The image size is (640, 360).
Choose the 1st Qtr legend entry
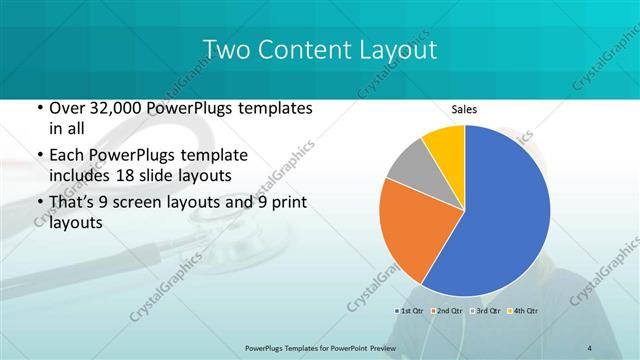click(x=411, y=313)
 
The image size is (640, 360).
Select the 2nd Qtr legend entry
click(x=449, y=313)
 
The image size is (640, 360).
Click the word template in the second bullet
click(x=200, y=156)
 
